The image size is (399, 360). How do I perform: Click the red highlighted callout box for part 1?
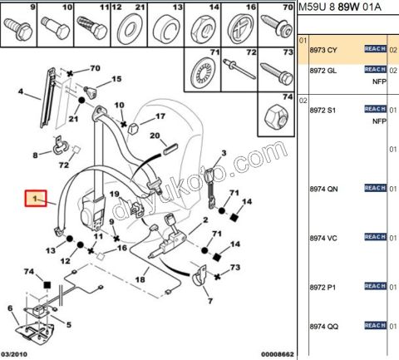click(36, 198)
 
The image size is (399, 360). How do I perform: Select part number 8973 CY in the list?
click(323, 50)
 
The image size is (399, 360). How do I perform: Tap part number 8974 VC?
click(323, 238)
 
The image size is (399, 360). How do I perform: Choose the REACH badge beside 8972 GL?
click(375, 69)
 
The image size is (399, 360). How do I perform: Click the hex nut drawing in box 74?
click(275, 118)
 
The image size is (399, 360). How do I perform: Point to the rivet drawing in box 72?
click(239, 68)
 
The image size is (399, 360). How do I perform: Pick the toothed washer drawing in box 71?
click(203, 73)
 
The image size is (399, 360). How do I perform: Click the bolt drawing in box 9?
click(18, 29)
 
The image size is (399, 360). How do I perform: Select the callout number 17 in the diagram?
click(160, 116)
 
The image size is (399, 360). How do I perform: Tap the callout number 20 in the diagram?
click(155, 136)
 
